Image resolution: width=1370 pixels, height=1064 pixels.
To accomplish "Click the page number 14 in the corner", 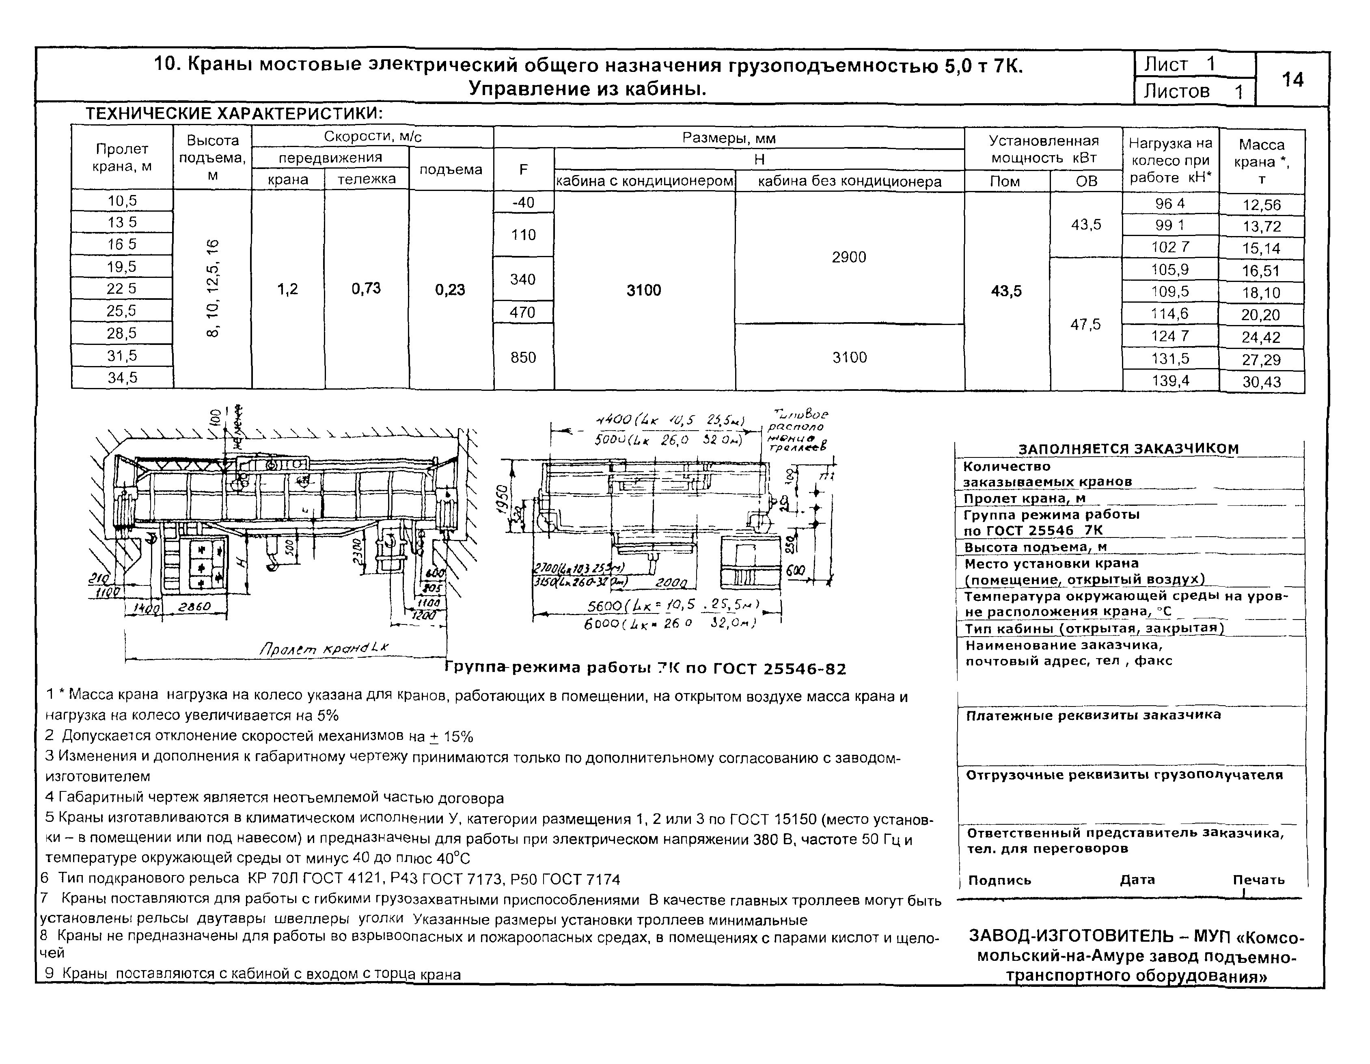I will click(x=1292, y=80).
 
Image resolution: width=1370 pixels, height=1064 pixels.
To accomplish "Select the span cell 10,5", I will click(x=122, y=201).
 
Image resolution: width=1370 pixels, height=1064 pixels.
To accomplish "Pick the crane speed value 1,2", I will click(x=287, y=289).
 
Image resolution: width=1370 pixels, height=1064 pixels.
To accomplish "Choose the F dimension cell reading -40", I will click(x=523, y=202).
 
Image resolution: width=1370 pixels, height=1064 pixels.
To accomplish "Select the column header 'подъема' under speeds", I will click(x=451, y=169).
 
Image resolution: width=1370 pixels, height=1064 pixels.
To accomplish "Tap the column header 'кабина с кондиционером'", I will click(x=644, y=182).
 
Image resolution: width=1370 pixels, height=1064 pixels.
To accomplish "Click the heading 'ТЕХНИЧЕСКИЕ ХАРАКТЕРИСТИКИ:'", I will click(x=234, y=114).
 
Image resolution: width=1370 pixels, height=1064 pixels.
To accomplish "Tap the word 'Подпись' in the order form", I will click(x=1000, y=880).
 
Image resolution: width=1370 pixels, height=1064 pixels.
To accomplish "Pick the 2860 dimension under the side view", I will click(x=194, y=607).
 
